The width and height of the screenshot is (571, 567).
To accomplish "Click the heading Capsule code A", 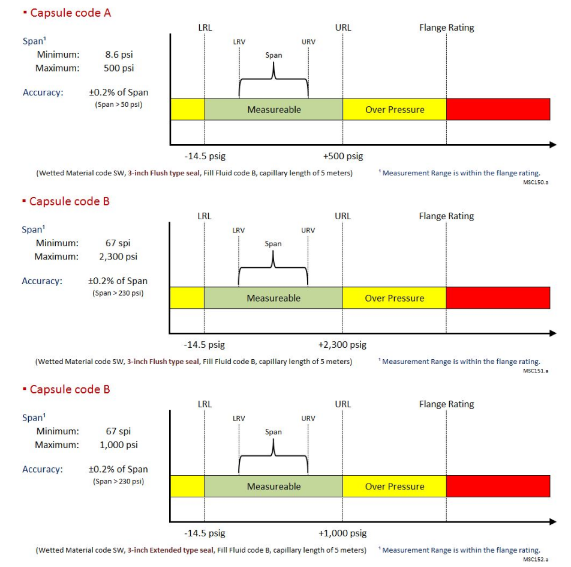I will pyautogui.click(x=70, y=13).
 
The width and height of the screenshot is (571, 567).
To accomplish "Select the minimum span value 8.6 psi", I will pyautogui.click(x=119, y=55).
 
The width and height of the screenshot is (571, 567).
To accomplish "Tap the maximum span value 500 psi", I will pyautogui.click(x=119, y=68).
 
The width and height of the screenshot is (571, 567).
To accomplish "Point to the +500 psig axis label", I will pyautogui.click(x=343, y=156).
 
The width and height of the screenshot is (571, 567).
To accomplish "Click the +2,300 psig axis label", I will pyautogui.click(x=342, y=345).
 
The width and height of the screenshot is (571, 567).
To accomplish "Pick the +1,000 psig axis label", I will pyautogui.click(x=342, y=533).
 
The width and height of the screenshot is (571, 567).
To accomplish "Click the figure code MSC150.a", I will pyautogui.click(x=535, y=181).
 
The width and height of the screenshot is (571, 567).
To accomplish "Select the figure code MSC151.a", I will pyautogui.click(x=535, y=371).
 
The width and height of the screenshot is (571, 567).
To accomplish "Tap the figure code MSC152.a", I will pyautogui.click(x=535, y=559).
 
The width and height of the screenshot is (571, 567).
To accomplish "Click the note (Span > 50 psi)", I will pyautogui.click(x=118, y=104).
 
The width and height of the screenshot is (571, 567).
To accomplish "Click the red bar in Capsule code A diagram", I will pyautogui.click(x=498, y=109).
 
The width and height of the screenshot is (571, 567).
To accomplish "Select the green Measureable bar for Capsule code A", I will pyautogui.click(x=274, y=109).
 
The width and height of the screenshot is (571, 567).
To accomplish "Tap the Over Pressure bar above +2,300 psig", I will pyautogui.click(x=394, y=298).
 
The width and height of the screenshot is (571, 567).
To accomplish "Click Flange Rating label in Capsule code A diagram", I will pyautogui.click(x=446, y=28).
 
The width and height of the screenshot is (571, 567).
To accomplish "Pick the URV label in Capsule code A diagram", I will pyautogui.click(x=308, y=42).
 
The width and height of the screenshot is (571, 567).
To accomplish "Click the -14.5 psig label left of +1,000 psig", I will pyautogui.click(x=205, y=533).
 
